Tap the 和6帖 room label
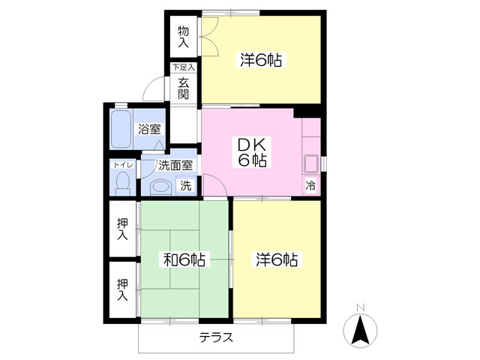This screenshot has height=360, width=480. point(185,260)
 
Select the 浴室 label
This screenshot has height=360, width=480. point(148,129)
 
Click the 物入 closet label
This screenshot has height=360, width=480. point(183,37)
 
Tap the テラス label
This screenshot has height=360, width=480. point(216,337)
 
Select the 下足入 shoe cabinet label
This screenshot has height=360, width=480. point(183,67)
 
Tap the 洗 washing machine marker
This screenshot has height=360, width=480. point(184,186)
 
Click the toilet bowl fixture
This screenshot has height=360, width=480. point(122,182)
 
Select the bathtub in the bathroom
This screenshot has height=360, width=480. point(121,130)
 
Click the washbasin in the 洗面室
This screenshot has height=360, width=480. point(159,186)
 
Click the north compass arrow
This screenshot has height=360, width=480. point(360,328)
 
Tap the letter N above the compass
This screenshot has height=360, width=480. point(360,307)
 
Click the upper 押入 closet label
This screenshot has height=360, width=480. point(122,228)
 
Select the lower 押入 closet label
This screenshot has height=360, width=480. point(122,289)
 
